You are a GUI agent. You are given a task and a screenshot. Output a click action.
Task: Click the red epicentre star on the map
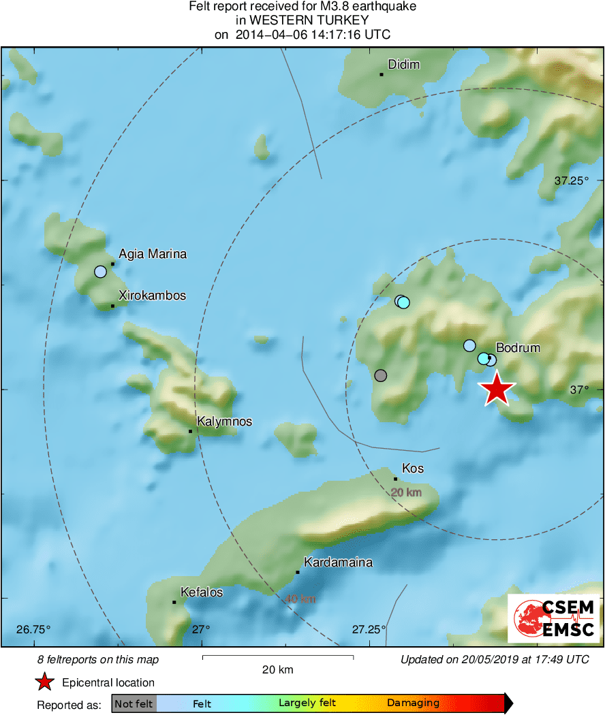(x=497, y=389)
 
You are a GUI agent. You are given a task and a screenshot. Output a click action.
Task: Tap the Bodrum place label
(x=517, y=347)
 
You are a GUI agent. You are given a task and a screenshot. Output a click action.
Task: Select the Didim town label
(x=403, y=65)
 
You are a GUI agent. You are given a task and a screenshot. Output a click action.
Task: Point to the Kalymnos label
(x=224, y=422)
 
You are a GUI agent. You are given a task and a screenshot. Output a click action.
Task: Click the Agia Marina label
(x=153, y=254)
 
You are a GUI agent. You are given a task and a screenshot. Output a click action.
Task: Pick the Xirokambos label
(x=152, y=296)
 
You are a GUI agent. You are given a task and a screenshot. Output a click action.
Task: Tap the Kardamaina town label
(x=338, y=562)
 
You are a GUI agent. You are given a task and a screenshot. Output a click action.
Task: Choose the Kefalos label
(x=201, y=592)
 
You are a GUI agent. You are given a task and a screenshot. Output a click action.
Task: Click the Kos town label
(x=413, y=468)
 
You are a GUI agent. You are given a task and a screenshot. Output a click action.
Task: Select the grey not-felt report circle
(x=381, y=375)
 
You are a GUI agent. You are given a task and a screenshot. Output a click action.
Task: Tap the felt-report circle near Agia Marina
(x=101, y=272)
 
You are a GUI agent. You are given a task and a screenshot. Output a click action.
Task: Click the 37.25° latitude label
(x=570, y=180)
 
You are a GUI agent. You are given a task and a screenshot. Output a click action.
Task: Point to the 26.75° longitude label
(x=34, y=629)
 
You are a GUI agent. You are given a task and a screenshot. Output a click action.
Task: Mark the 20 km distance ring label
(x=406, y=492)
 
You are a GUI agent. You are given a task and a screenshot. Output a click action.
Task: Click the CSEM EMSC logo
(x=553, y=618)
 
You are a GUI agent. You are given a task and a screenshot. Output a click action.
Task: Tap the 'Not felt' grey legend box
(x=134, y=703)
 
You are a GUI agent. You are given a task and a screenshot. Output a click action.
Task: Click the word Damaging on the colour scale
(x=413, y=703)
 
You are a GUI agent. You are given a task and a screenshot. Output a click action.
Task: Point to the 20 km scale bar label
(x=278, y=669)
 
